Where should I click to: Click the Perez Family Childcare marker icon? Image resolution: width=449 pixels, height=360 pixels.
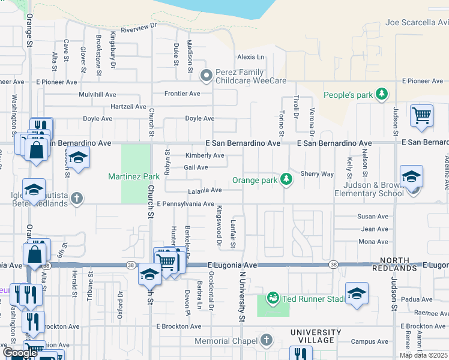(206, 75)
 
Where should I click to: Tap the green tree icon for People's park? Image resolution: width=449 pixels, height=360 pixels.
(381, 94)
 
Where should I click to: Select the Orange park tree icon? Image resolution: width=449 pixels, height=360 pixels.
(287, 179)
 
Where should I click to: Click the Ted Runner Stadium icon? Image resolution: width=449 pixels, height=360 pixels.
(273, 298)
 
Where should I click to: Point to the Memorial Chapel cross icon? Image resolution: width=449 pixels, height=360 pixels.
(267, 341)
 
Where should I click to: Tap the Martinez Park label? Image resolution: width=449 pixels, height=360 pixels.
(134, 176)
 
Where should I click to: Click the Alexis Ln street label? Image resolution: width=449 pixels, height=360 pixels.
(250, 57)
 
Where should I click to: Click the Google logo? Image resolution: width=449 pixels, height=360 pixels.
(20, 353)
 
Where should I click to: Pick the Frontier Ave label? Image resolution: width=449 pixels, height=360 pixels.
(182, 94)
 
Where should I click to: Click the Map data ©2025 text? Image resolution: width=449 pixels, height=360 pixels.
(423, 355)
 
